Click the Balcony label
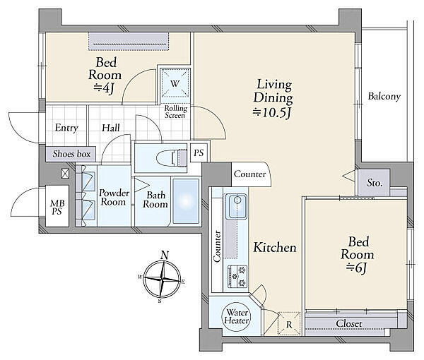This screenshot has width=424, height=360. coord(384,97)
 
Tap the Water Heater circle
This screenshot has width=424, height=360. coord(236,316)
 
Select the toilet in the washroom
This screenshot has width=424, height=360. coord(172,157)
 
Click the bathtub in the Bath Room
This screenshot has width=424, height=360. coord(186,201)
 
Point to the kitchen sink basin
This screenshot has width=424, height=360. coord(237,207)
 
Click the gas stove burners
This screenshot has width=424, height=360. coord(238,276)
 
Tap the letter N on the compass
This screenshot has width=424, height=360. coord(165,256)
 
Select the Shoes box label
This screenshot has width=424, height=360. coord(71,154)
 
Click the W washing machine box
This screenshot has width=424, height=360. coord(175,83)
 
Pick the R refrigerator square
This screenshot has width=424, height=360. coord(289,324)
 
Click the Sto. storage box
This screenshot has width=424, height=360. coord(374,183)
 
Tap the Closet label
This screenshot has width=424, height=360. coord(349,323)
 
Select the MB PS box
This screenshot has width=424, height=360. coord(57,206)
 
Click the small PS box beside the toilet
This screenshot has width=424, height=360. coord(199,153)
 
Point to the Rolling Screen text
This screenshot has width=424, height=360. coord(176,112)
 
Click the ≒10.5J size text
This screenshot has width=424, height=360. coord(272,113)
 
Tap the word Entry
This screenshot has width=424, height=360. coord(66,128)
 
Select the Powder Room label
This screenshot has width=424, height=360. coord(113,197)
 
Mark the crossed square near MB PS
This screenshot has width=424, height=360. coord(65,174)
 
